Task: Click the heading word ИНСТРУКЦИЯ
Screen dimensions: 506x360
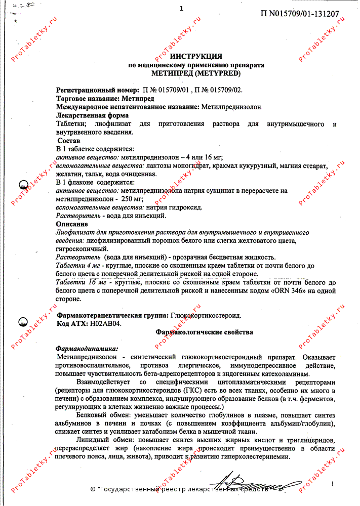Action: coord(196,56)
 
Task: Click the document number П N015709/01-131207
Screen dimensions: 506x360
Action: coord(300,14)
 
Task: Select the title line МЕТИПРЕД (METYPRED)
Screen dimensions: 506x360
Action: coord(196,73)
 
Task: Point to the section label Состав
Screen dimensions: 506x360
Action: coord(68,140)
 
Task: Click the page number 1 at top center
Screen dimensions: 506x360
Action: coord(181,8)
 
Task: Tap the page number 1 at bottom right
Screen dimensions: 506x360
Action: coord(332,484)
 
